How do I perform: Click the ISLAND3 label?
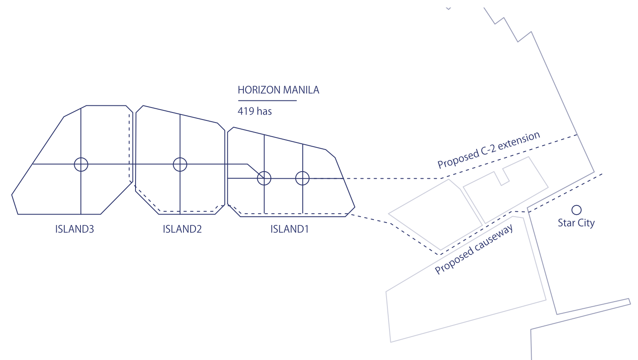click(75, 229)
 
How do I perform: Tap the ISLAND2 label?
click(182, 229)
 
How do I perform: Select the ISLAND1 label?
click(289, 229)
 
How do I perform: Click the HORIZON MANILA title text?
click(278, 90)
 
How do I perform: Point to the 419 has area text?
click(254, 111)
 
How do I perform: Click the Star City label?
click(576, 223)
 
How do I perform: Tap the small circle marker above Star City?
click(576, 210)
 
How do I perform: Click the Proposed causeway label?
click(474, 250)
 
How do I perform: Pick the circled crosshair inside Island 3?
click(81, 164)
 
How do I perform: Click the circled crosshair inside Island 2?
click(180, 164)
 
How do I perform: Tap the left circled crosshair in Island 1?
click(264, 178)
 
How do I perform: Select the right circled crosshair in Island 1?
click(302, 178)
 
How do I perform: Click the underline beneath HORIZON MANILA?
click(267, 100)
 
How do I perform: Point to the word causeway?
click(494, 238)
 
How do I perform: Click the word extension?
click(519, 140)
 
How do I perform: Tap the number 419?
click(246, 111)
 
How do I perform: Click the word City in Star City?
click(586, 223)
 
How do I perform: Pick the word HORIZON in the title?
click(259, 90)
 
